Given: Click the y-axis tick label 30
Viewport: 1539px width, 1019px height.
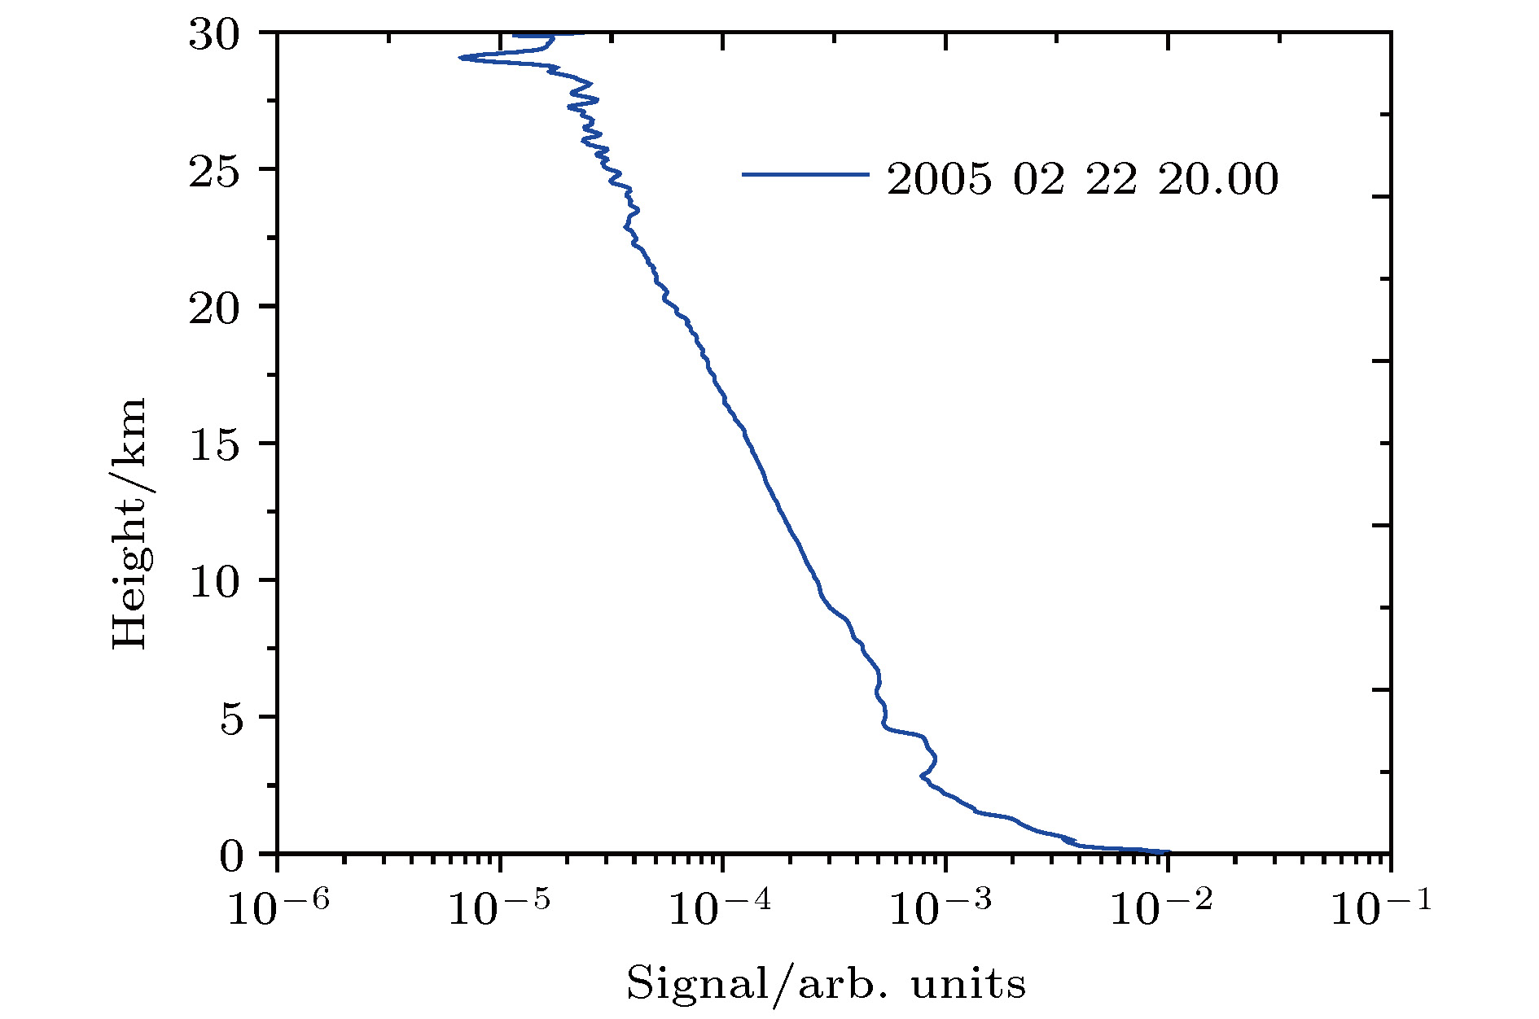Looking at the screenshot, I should tap(214, 35).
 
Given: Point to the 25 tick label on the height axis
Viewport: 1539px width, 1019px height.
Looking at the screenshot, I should tap(214, 172).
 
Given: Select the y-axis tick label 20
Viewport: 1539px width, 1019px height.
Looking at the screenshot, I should tap(214, 308).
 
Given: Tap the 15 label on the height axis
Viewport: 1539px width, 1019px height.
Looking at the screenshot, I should tap(214, 445).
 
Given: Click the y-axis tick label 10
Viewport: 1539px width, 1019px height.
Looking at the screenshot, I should tap(214, 582).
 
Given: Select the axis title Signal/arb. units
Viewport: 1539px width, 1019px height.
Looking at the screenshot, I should tap(825, 983).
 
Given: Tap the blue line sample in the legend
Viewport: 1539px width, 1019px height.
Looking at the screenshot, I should tap(805, 174).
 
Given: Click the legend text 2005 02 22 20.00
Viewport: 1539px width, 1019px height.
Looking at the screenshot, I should tap(1082, 179).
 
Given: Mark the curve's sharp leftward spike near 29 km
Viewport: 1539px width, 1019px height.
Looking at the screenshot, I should tap(462, 58).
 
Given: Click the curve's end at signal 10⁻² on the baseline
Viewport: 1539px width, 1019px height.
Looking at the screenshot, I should tap(1168, 852).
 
